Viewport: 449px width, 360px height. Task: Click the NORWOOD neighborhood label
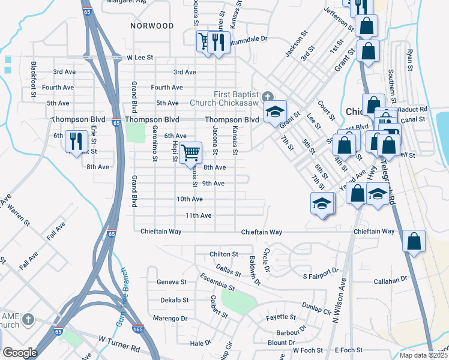[152, 26]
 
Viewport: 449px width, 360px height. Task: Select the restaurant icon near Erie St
[76, 140]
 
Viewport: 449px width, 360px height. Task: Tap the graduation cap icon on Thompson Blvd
[276, 112]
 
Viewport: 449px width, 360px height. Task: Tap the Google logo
[20, 353]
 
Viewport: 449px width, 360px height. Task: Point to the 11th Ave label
[198, 215]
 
